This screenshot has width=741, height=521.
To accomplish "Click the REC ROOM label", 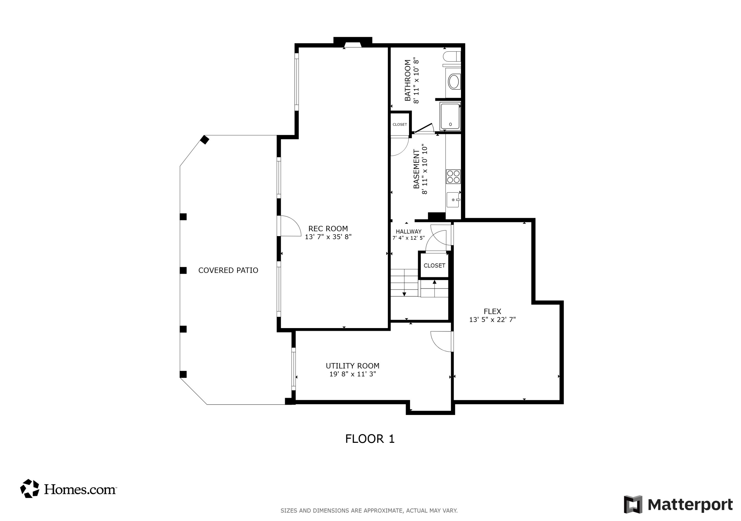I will (328, 229).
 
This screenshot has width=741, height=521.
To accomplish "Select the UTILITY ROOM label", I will (352, 366).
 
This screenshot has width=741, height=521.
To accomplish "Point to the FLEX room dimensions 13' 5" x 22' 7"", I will (492, 319).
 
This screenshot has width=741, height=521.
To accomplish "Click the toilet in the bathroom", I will (452, 56).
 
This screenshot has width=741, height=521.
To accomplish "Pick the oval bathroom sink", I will (454, 82).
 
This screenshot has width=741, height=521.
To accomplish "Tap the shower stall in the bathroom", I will (450, 116).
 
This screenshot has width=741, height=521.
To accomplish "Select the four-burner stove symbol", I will (453, 177).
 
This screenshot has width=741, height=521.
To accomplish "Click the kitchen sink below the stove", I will (453, 200).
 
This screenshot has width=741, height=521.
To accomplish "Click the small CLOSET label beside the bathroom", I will (400, 124).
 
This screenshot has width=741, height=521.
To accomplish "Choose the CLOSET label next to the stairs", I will (434, 266).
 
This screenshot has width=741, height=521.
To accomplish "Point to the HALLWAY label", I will (409, 231).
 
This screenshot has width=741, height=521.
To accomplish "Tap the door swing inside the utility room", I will (441, 341).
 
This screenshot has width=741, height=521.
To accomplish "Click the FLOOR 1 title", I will (370, 439).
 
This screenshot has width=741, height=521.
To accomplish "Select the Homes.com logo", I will (68, 489).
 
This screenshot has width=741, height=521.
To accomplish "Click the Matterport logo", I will (678, 504).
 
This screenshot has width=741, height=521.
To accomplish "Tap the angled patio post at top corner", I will (205, 140).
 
